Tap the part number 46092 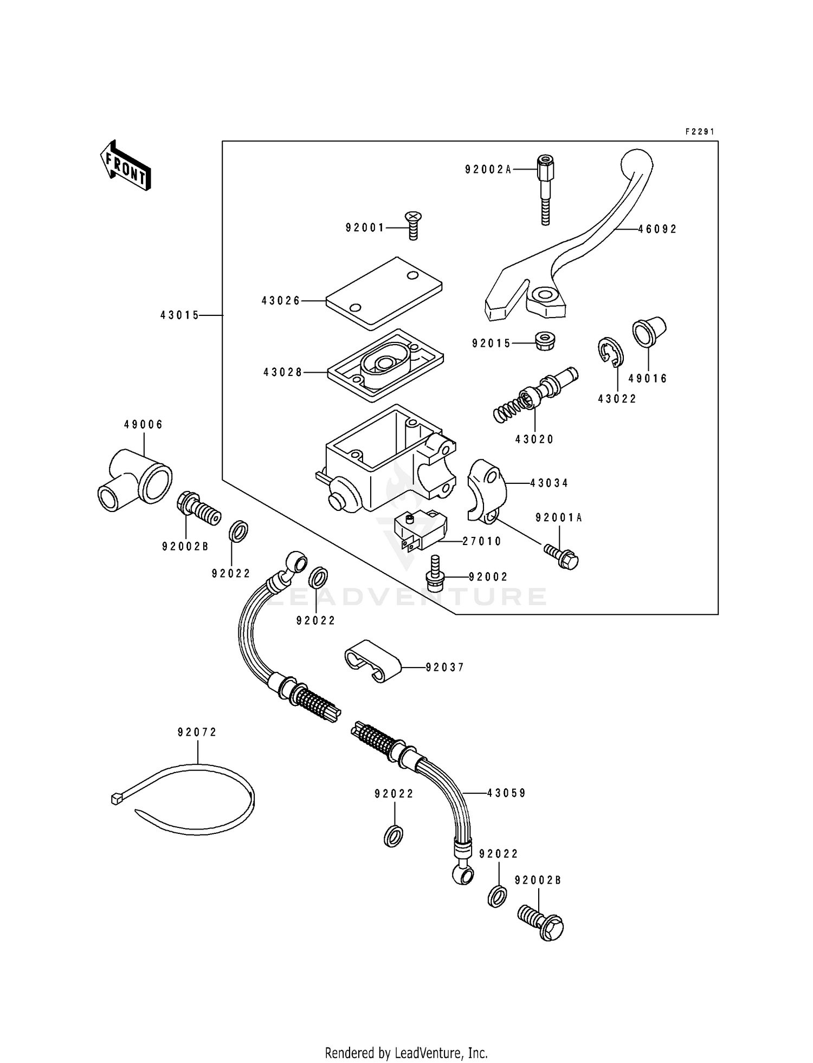pyautogui.click(x=657, y=229)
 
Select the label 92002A pyautogui.click(x=488, y=170)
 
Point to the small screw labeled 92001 pyautogui.click(x=413, y=226)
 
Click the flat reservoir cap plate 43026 pyautogui.click(x=384, y=293)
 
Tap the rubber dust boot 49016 pyautogui.click(x=648, y=332)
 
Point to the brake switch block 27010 pyautogui.click(x=418, y=531)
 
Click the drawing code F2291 pyautogui.click(x=700, y=132)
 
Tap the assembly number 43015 pyautogui.click(x=180, y=315)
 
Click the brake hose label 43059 pyautogui.click(x=506, y=793)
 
